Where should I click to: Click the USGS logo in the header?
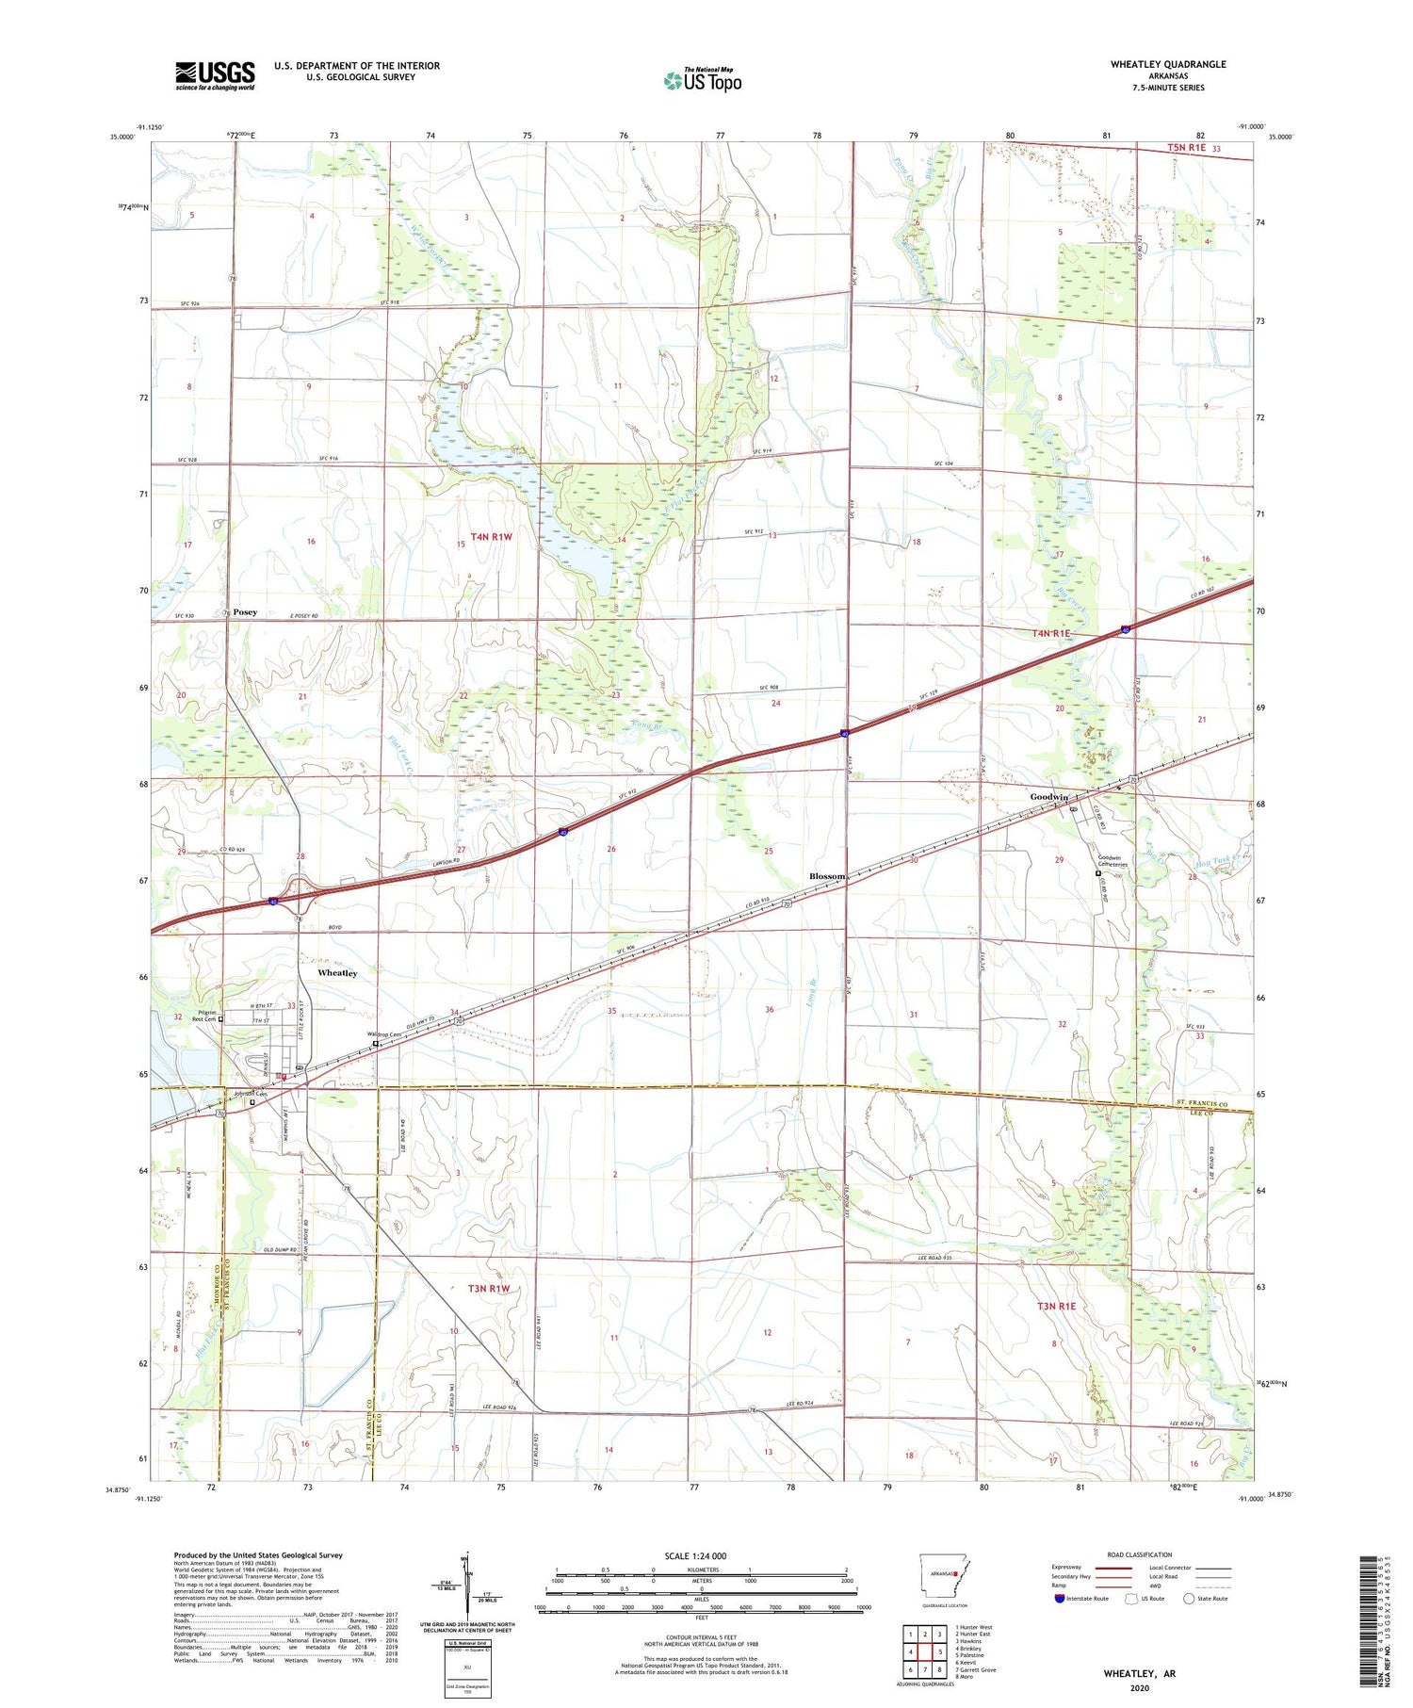coord(215,75)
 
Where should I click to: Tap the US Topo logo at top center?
coord(702,80)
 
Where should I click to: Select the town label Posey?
coord(245,612)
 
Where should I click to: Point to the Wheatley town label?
coord(324,972)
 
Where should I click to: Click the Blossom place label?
coord(827,876)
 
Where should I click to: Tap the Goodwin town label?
coord(1048,797)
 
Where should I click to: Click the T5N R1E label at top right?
coord(1187,148)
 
